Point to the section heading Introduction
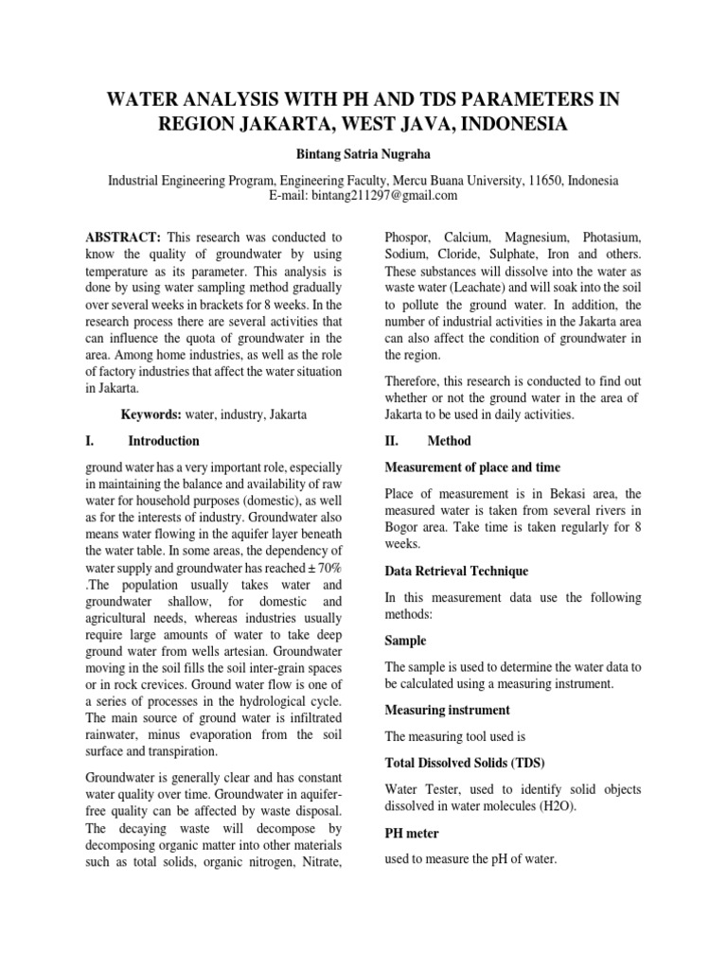(x=164, y=441)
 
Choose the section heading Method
(x=449, y=441)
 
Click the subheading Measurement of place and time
(x=472, y=467)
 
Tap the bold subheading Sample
(x=405, y=641)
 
